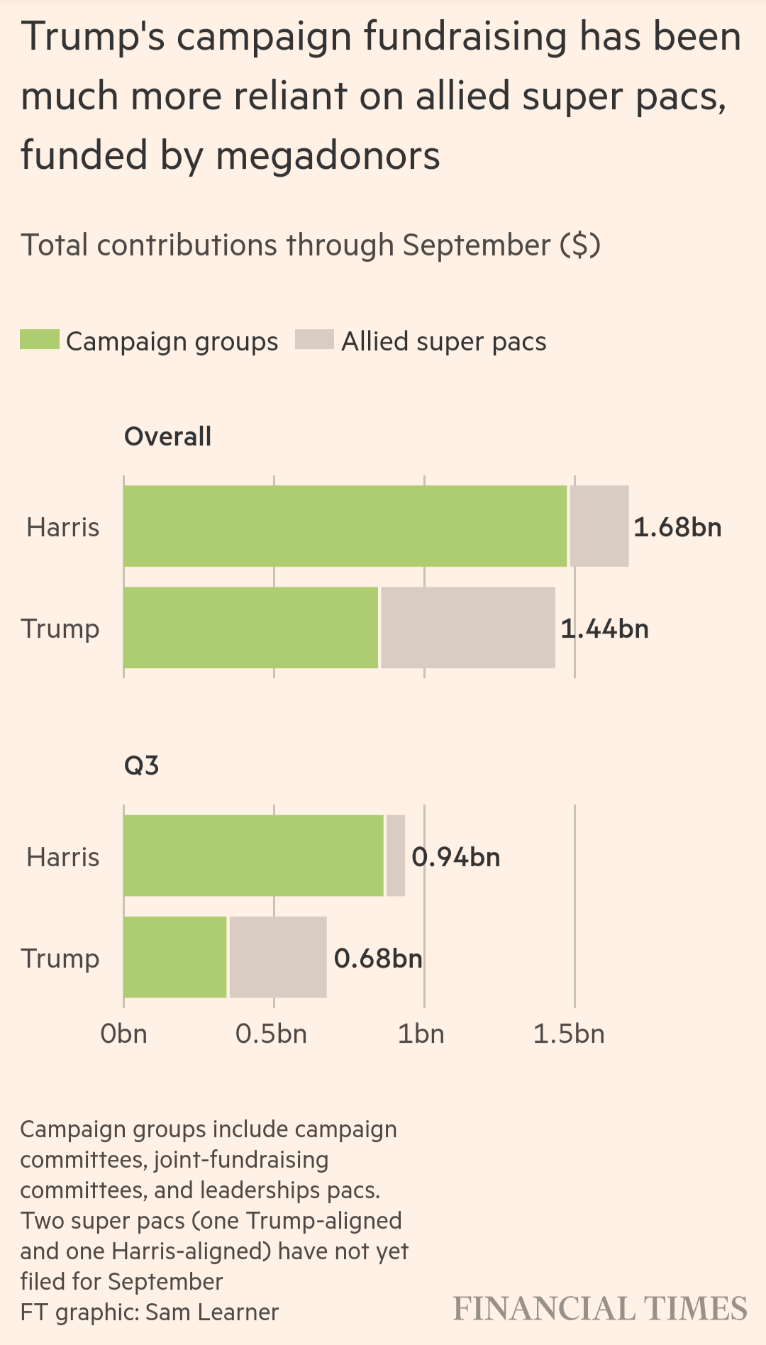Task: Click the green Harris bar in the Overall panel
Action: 345,526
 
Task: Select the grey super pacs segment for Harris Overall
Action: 599,526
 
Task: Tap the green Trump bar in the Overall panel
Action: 251,628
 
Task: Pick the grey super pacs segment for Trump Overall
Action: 468,628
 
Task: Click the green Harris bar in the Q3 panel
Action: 254,856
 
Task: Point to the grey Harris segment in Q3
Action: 396,856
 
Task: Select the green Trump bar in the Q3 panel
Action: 175,957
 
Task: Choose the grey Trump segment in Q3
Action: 278,957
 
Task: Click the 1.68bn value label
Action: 677,527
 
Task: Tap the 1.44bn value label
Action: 605,629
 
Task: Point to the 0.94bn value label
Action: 456,857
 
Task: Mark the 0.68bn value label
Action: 378,958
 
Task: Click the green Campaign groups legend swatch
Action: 40,340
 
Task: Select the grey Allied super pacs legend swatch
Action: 314,340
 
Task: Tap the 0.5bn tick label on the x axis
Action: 272,1034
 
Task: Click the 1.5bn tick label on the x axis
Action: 570,1034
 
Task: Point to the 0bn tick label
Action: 124,1034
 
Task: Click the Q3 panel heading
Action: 142,765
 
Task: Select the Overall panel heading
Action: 168,436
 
